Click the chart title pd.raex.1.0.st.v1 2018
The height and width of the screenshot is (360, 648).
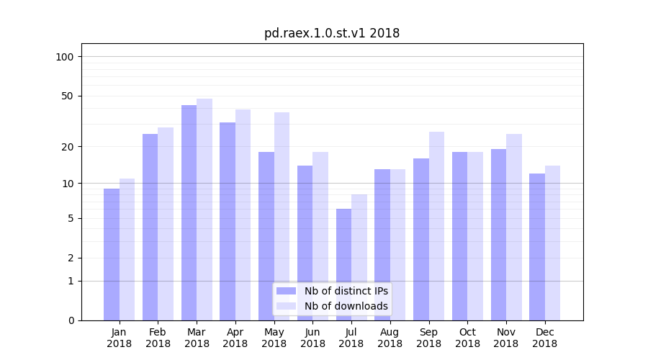tap(331, 33)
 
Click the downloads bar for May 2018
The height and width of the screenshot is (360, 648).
tap(282, 216)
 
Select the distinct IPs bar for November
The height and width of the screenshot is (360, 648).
tap(498, 234)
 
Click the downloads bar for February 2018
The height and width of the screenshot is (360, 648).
tap(166, 223)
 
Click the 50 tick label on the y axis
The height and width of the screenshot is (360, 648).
tap(68, 96)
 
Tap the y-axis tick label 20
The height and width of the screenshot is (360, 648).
tap(68, 147)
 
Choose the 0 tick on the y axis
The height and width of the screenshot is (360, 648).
tap(71, 320)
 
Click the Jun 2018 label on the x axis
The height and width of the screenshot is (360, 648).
tap(312, 338)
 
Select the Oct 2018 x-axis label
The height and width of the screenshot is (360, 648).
tap(467, 338)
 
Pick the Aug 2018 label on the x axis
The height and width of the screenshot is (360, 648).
tap(390, 338)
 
